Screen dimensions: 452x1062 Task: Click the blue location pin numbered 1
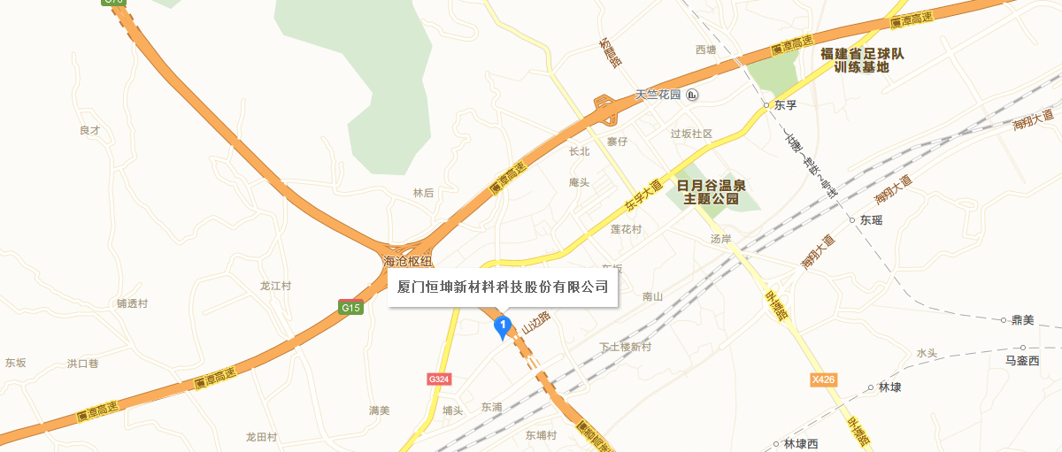click(503, 327)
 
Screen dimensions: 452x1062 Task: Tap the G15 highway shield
click(351, 308)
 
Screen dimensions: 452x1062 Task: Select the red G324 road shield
click(439, 379)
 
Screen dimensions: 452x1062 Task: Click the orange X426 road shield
click(823, 380)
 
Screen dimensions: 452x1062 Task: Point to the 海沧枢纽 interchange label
click(408, 261)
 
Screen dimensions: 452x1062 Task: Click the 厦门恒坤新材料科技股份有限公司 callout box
click(503, 287)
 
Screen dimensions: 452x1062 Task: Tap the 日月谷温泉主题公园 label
click(712, 192)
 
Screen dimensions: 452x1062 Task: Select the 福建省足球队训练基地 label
click(862, 60)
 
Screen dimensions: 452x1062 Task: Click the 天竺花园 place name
click(658, 95)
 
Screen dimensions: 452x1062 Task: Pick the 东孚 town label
click(786, 105)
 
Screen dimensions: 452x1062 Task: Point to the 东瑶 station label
click(871, 220)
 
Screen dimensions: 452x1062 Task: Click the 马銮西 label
click(1021, 361)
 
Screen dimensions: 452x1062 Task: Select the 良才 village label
click(90, 130)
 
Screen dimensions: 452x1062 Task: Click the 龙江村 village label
click(275, 286)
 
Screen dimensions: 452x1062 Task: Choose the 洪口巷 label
click(83, 364)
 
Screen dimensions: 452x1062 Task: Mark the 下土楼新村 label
click(625, 347)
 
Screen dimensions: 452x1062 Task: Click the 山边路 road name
click(536, 322)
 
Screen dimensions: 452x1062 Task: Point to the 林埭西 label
click(802, 444)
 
